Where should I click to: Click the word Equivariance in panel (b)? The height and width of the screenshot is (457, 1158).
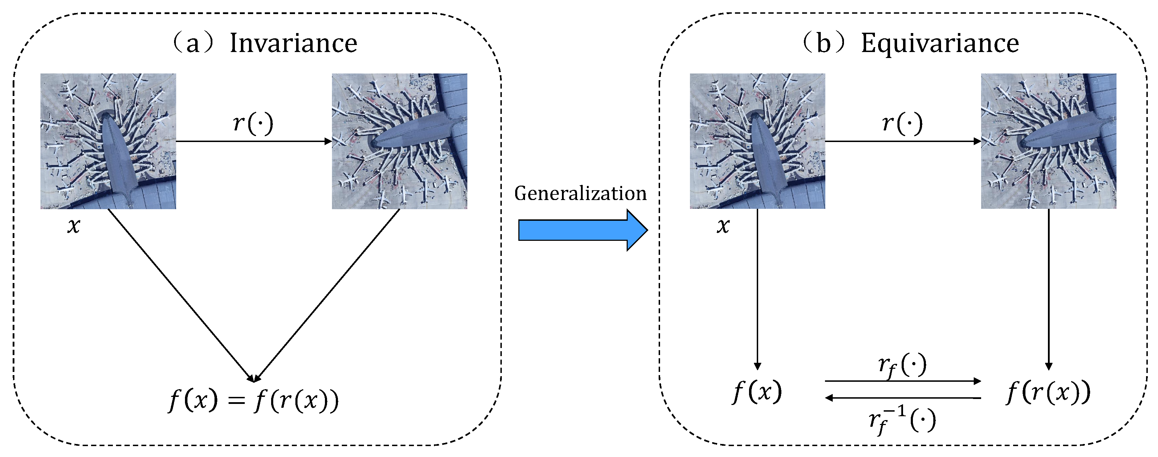coord(940,44)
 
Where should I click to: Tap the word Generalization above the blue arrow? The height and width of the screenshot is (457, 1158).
coord(580,194)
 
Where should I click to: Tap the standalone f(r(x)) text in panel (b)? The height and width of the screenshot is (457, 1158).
coord(1048,392)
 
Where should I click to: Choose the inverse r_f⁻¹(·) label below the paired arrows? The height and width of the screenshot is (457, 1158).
coord(902,420)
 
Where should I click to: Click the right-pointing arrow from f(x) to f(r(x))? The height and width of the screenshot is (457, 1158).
coord(902,381)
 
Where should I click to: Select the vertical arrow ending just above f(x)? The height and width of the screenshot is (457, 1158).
coord(757,288)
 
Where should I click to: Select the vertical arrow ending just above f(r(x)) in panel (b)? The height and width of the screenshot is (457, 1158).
coord(1049,288)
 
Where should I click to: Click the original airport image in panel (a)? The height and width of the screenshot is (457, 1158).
coord(108,141)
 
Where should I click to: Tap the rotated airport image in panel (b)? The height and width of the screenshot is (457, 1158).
coord(1048,141)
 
